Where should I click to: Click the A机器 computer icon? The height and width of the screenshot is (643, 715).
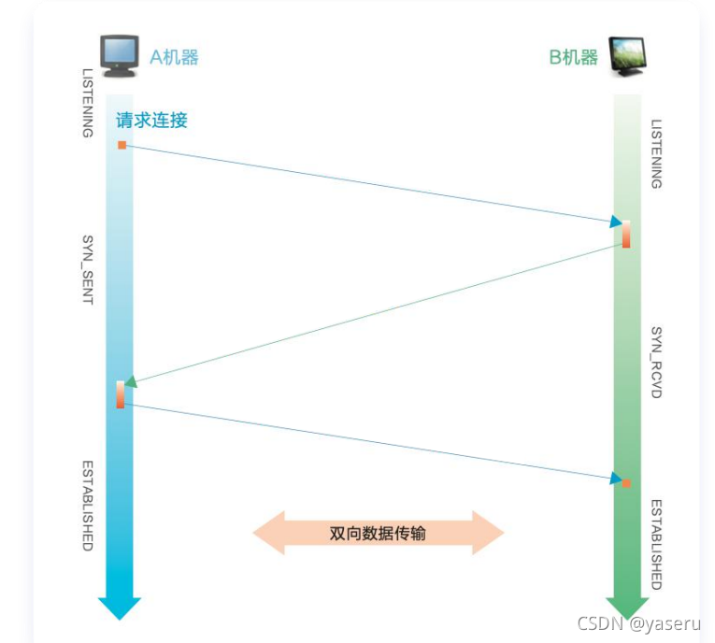120,56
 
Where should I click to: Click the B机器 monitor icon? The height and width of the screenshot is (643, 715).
628,57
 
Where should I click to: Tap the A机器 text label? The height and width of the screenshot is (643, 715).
174,57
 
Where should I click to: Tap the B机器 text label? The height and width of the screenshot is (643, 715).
573,57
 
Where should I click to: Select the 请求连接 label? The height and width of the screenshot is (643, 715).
151,121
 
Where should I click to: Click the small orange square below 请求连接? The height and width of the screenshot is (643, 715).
122,145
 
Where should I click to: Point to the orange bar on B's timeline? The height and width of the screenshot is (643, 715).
626,234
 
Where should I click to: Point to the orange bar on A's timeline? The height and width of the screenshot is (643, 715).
121,394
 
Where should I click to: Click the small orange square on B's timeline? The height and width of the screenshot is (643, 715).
626,483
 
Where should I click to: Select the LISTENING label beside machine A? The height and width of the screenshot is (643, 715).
88,103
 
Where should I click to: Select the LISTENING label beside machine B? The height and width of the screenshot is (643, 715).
656,154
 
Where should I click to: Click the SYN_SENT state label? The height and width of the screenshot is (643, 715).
88,270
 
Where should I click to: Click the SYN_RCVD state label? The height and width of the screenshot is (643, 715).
656,363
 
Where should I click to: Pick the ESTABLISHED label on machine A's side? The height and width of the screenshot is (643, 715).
88,506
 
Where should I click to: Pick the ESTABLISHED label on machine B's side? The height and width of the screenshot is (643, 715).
656,545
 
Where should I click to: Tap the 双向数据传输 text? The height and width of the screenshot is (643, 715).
378,533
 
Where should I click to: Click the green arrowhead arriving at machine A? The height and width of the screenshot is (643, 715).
131,381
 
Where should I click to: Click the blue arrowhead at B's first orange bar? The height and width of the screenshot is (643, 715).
616,221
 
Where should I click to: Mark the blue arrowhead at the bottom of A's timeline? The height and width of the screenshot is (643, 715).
120,608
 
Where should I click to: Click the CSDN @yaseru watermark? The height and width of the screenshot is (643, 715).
639,623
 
